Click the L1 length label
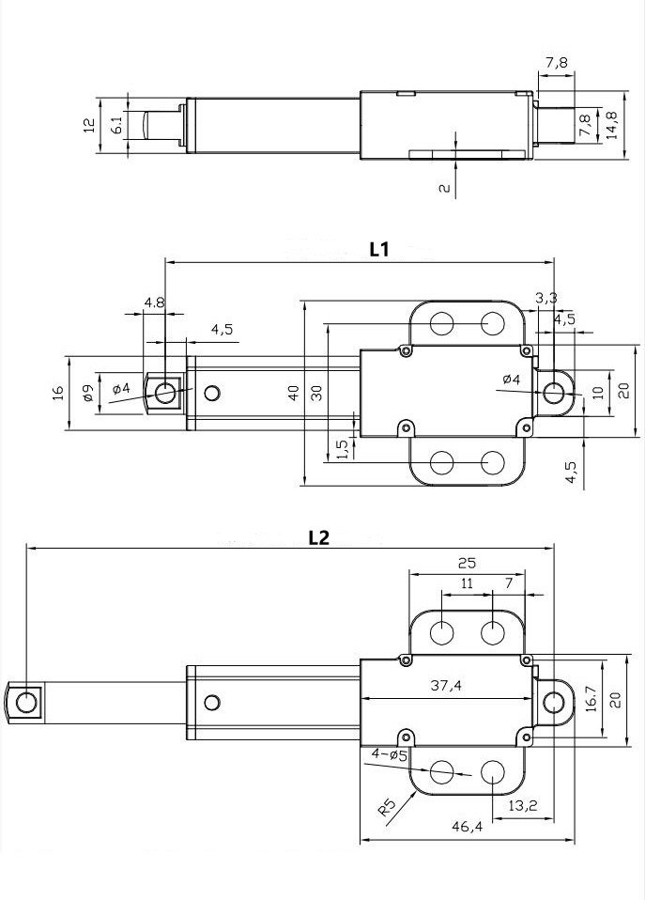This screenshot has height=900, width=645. [378, 249]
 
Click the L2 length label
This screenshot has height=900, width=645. [319, 538]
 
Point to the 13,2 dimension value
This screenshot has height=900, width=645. [522, 804]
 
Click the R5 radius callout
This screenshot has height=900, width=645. [387, 804]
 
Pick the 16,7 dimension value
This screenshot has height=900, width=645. [590, 699]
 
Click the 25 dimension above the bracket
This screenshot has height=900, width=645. [467, 564]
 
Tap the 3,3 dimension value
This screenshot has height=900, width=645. [546, 298]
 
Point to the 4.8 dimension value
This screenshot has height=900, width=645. [154, 303]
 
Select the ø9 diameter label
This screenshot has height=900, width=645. [87, 394]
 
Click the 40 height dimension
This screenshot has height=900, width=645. [295, 393]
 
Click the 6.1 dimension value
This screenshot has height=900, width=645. [116, 125]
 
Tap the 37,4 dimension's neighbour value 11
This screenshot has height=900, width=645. [467, 583]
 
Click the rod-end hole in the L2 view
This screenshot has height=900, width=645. [26, 701]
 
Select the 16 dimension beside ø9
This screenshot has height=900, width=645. [57, 392]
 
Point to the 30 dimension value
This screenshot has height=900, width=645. [316, 393]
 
